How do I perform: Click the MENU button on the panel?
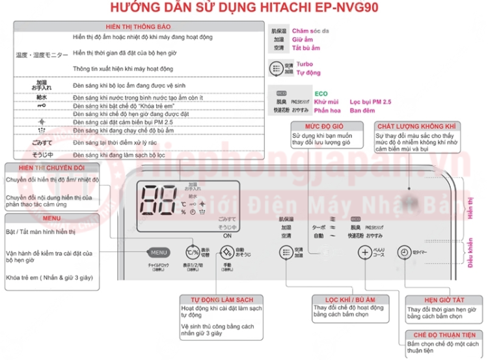(x=159, y=252)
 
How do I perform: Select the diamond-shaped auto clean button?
(x=226, y=253)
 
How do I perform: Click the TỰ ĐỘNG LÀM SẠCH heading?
(x=217, y=299)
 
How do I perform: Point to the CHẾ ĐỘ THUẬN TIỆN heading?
(x=442, y=335)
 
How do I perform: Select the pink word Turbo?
(x=305, y=64)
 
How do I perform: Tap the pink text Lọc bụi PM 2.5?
(x=370, y=102)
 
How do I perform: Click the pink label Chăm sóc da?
(x=311, y=31)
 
